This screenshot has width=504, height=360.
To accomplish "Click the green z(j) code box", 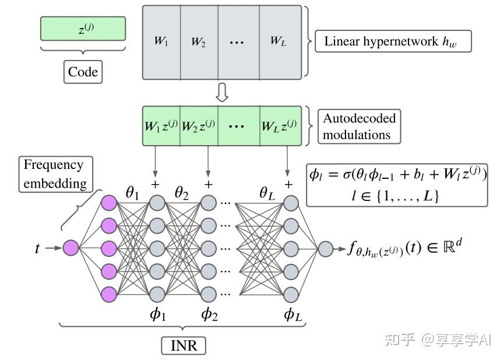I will point(83,29).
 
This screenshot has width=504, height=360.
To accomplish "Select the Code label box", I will point(82,72).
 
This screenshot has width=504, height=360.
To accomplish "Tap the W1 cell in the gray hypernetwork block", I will point(161,41).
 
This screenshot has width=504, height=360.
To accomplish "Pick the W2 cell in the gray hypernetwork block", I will point(199,41).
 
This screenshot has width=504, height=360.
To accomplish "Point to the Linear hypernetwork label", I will point(393,42).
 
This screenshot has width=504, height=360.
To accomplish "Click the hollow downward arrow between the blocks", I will point(221,92).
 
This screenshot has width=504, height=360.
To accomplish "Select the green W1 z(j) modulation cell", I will point(161,125).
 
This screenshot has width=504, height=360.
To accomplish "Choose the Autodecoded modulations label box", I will point(359,126).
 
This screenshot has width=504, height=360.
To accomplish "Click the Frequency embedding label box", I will point(54,174).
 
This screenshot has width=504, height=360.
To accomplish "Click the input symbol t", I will point(38,248).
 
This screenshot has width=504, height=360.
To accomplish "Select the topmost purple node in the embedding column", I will point(109,203).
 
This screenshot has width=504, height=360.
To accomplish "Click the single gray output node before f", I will point(325,249).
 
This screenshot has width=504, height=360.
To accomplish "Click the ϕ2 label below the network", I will point(209,315).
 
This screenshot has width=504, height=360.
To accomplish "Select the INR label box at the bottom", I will point(184,345).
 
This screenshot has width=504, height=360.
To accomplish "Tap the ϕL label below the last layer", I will point(293,315).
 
